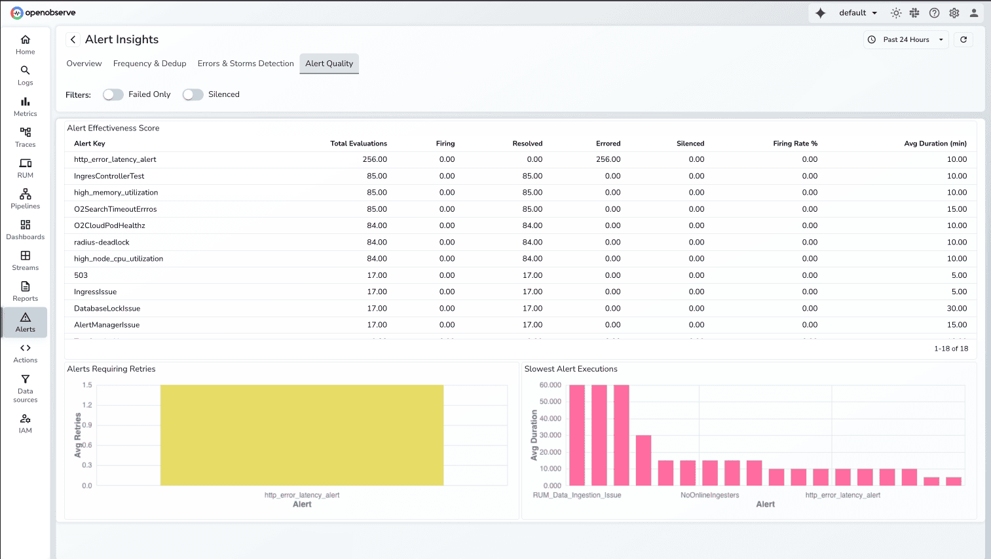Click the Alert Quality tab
tap(329, 64)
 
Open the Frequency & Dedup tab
tap(149, 64)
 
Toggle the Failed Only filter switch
tap(113, 94)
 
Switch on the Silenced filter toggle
tap(193, 94)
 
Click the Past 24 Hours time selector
tap(906, 40)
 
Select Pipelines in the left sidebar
tap(25, 199)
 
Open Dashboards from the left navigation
tap(25, 229)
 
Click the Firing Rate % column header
tap(795, 144)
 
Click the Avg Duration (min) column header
tap(935, 144)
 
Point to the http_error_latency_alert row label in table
tap(115, 159)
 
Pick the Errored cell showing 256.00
tap(608, 159)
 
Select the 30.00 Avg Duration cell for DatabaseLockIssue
tap(956, 309)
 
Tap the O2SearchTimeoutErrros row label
tap(115, 209)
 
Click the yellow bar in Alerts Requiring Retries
tap(302, 435)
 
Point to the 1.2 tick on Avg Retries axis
tap(87, 405)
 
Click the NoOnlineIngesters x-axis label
tap(709, 495)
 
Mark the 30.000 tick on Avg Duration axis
tap(550, 435)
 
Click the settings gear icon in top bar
tap(954, 13)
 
